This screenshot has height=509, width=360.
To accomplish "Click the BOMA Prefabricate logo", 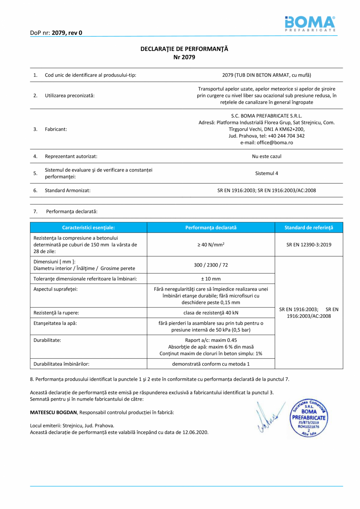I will point(310,24).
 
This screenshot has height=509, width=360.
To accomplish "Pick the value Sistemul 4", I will point(266,173).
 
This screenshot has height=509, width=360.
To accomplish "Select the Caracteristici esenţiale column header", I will point(89,227).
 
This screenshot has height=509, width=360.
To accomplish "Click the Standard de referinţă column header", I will point(309,227).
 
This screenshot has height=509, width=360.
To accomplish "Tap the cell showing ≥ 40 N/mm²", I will point(211,245).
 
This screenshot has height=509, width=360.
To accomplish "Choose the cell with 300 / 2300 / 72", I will point(211,265).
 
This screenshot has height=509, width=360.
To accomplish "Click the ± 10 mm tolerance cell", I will point(211,279).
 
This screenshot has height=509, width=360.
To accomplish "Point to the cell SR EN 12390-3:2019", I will point(309,245).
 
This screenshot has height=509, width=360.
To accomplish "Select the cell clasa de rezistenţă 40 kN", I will point(211,312).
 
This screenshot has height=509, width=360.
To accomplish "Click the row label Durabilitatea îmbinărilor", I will point(62,364).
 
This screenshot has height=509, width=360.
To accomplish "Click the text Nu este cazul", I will point(266,156).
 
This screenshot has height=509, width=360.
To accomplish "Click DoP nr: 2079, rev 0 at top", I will point(56,33).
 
